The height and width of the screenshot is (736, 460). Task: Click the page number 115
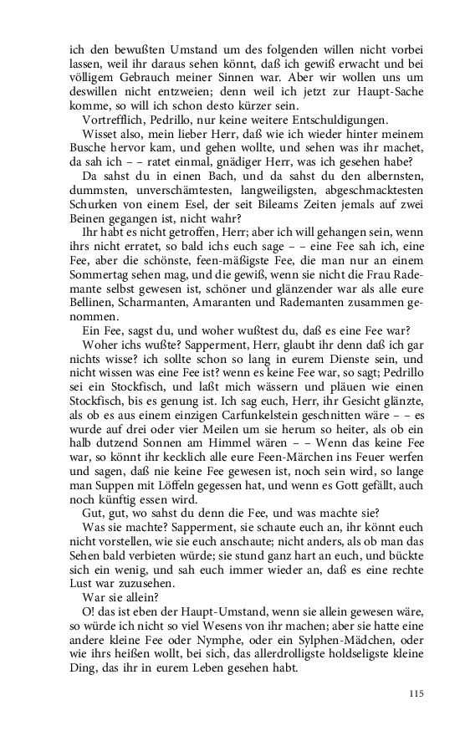tap(417, 693)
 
